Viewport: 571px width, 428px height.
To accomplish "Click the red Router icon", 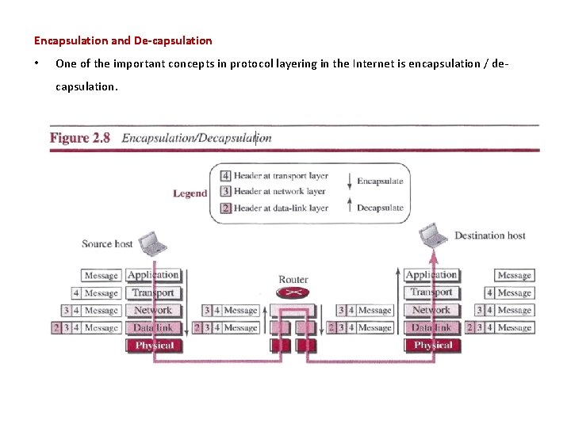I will tap(293, 293).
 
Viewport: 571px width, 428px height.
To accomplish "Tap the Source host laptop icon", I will tap(151, 243).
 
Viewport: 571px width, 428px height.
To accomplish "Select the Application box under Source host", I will tap(153, 275).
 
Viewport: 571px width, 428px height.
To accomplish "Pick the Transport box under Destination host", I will tap(431, 292).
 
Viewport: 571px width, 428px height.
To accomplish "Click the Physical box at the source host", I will tap(154, 346).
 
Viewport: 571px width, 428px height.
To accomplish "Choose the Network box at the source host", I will tap(153, 310).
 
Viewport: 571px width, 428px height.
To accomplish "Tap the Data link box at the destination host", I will tap(431, 327).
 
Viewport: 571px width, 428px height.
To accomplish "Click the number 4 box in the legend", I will tap(225, 176).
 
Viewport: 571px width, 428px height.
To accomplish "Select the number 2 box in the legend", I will tap(225, 208).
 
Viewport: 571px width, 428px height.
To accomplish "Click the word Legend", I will tap(190, 193).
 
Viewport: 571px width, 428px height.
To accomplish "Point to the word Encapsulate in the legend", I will tap(380, 181).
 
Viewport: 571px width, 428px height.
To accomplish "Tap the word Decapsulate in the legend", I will tap(380, 208).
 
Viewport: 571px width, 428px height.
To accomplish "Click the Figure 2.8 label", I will tap(80, 138).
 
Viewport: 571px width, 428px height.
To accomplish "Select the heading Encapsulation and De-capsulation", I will tap(123, 40).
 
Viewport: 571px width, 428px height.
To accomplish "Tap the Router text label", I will tap(293, 279).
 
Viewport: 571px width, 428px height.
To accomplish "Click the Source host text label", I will tap(107, 244).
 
